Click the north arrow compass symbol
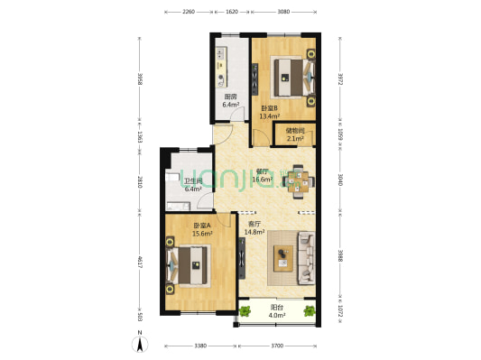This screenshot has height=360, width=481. pos(141,342)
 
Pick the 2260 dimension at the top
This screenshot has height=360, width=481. pos(189,13)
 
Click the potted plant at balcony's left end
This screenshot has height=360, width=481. pos(245,312)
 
